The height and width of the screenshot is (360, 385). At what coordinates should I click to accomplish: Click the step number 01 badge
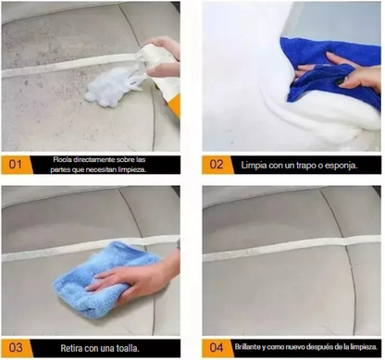click(x=16, y=165)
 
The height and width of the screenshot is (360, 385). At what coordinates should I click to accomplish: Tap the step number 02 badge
click(x=217, y=165)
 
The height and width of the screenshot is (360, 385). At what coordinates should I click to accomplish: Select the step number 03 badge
click(x=16, y=348)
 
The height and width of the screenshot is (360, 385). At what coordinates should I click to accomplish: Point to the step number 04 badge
click(x=217, y=348)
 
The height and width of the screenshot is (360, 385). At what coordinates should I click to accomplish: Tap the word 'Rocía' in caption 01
click(x=60, y=160)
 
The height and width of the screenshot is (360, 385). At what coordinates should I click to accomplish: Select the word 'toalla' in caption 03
click(x=127, y=349)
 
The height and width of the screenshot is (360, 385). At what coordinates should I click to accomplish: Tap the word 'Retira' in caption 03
click(x=71, y=349)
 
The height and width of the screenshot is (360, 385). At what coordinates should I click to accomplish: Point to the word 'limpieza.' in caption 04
click(x=366, y=347)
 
